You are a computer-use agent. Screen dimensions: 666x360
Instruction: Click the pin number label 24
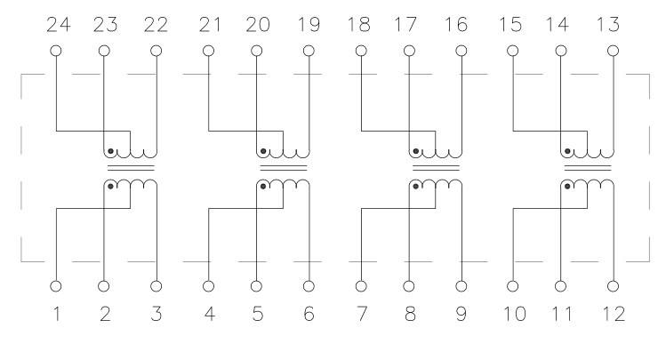tap(58, 25)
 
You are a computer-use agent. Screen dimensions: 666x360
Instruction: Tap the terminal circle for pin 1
tap(56, 286)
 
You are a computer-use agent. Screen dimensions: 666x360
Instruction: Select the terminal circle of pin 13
tap(613, 51)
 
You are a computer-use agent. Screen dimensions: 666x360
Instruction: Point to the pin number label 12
tap(614, 314)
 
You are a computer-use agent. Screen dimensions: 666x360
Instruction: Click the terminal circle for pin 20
tap(257, 51)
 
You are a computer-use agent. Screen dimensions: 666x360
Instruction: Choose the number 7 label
tap(362, 314)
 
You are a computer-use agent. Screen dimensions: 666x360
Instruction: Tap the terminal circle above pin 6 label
tap(309, 286)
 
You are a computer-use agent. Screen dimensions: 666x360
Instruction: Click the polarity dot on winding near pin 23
tap(110, 151)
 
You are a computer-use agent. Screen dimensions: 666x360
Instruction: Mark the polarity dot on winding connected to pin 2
tap(110, 187)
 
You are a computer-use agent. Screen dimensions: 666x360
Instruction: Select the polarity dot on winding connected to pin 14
tap(567, 151)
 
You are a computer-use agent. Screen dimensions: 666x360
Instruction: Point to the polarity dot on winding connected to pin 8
tap(416, 187)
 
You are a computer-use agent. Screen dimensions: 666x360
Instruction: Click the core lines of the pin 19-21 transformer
tap(284, 168)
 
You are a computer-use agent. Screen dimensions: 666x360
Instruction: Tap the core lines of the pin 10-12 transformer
tap(588, 168)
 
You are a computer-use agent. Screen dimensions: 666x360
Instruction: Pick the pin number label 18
tap(359, 25)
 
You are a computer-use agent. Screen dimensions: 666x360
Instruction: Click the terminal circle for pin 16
tap(461, 51)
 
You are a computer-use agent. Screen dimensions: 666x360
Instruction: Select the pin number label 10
tap(514, 314)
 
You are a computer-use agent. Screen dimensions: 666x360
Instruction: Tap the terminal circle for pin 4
tap(209, 286)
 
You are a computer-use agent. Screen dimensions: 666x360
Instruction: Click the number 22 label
tap(156, 25)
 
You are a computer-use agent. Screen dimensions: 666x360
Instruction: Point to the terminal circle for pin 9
tap(461, 286)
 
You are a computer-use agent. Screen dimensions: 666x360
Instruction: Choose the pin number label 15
tap(510, 25)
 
